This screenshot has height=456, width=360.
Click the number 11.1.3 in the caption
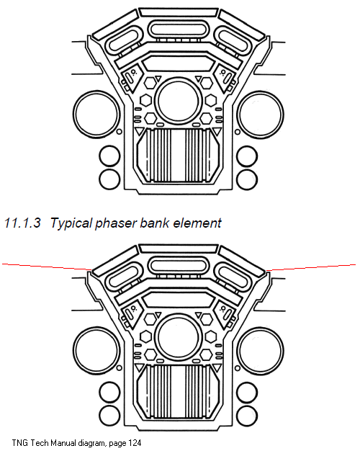22,223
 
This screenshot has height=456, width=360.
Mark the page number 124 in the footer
135,443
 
